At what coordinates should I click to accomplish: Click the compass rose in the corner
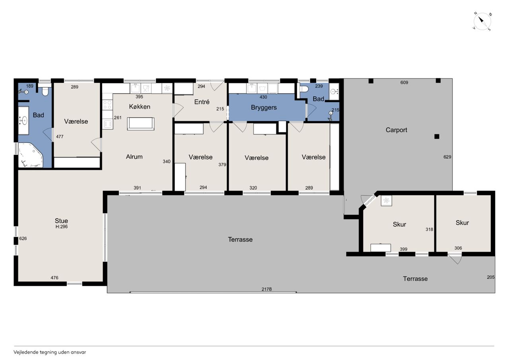point(482,21)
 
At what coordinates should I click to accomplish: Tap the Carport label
point(396,130)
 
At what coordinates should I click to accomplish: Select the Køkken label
point(140,107)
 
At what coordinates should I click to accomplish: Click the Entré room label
point(202,102)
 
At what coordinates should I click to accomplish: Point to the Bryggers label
point(264,107)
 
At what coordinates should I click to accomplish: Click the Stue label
point(61,221)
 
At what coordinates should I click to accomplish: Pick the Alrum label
point(134,157)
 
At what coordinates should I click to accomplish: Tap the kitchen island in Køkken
point(141,124)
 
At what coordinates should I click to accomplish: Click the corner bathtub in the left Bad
point(31,155)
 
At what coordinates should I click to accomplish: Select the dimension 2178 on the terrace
point(266,289)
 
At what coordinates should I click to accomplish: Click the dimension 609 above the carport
point(404,82)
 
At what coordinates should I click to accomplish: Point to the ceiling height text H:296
point(62,227)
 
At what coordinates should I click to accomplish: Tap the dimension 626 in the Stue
point(23,238)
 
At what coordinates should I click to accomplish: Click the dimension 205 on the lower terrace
point(491,277)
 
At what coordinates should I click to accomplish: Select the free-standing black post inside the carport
point(437,136)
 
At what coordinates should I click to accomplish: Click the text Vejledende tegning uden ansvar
point(50,352)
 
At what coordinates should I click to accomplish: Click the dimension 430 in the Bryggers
point(263,97)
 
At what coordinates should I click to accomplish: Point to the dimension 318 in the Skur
point(429,230)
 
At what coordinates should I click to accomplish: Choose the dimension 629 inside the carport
point(447,157)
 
